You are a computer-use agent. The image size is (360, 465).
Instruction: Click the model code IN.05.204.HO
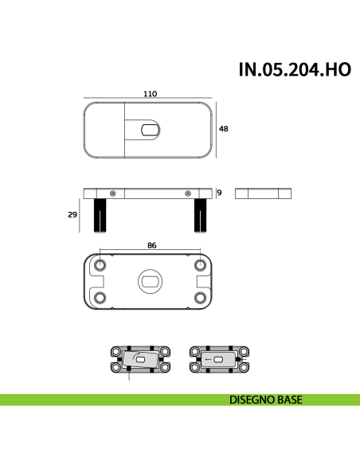point(295,68)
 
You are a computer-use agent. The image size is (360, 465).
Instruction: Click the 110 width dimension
point(149,93)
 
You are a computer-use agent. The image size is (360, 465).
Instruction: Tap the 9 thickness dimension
point(219,192)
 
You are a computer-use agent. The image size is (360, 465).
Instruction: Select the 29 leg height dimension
point(72,214)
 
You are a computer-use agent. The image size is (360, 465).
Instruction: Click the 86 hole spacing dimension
point(151,246)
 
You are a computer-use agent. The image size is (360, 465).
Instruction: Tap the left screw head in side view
point(113,193)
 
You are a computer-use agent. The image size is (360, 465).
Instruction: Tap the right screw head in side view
point(188,193)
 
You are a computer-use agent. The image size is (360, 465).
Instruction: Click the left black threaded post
point(101,215)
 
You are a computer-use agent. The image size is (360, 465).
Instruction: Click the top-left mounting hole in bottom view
point(100,264)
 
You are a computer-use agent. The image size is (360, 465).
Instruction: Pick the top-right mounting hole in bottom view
point(199,264)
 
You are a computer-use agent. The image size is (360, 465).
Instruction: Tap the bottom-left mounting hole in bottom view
point(100,297)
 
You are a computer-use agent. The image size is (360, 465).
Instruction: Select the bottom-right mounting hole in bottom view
point(199,297)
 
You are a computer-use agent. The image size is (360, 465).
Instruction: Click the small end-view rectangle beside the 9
point(264,193)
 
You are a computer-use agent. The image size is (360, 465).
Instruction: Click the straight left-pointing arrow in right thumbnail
point(211,360)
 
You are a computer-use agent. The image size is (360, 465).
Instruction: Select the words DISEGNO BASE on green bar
point(265,400)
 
